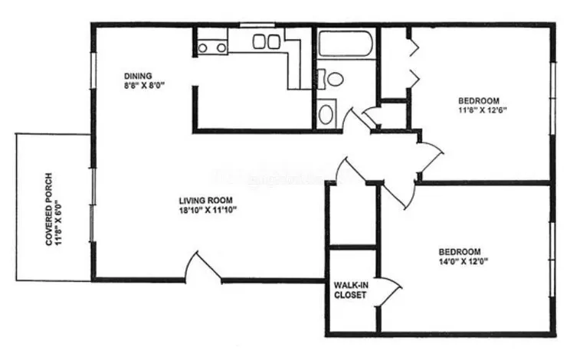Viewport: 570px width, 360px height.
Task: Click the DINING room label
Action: pos(138,77)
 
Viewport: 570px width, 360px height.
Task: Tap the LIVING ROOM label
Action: pos(205,200)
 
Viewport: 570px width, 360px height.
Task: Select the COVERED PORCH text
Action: pos(49,209)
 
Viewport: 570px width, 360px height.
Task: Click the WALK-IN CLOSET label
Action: pos(350,290)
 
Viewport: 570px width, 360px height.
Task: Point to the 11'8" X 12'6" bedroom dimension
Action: pos(483,110)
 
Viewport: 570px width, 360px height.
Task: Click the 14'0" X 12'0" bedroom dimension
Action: pos(464,261)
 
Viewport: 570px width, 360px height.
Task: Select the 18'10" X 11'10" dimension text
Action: pos(208,210)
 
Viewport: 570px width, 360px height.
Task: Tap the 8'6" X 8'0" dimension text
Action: pos(144,86)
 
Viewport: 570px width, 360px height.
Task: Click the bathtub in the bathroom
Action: pos(346,44)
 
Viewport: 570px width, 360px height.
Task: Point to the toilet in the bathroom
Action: pos(331,79)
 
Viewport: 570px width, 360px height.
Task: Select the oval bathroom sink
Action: pos(326,114)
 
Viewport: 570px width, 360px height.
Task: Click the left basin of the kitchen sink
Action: pos(259,42)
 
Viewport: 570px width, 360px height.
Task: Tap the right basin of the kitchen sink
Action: pos(274,42)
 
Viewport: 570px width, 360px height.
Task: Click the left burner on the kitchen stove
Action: pos(203,48)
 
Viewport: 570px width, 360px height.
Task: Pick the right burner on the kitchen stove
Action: pos(221,48)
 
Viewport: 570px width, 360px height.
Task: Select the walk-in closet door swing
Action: pos(390,293)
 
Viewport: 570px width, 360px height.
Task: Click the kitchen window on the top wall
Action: pos(257,25)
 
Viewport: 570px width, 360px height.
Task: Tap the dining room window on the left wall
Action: pos(93,70)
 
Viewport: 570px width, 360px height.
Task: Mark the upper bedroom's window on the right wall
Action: pos(552,98)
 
